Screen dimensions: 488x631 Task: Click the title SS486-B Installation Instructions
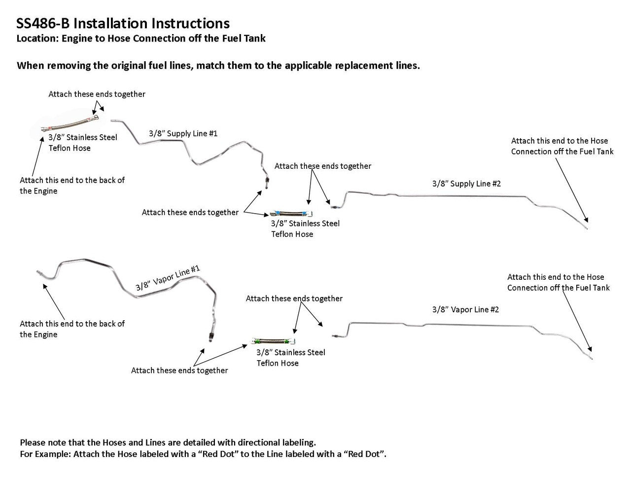pyautogui.click(x=123, y=23)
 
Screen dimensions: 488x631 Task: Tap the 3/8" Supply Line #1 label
pyautogui.click(x=183, y=133)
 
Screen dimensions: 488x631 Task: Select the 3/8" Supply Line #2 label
pyautogui.click(x=466, y=184)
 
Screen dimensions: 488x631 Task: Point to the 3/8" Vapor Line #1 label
pyautogui.click(x=168, y=278)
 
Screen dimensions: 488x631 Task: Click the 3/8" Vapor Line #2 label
pyautogui.click(x=465, y=309)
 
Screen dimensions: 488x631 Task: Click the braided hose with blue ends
pyautogui.click(x=290, y=214)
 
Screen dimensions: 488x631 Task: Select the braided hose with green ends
pyautogui.click(x=274, y=341)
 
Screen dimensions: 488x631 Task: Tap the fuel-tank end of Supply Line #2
pyautogui.click(x=587, y=228)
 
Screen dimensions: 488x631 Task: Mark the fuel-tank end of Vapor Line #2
pyautogui.click(x=591, y=357)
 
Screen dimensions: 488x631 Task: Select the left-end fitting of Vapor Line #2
pyautogui.click(x=335, y=335)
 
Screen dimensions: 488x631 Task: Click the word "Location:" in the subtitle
pyautogui.click(x=37, y=38)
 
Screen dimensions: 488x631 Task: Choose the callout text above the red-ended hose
pyautogui.click(x=97, y=94)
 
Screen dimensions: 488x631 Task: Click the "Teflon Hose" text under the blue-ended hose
pyautogui.click(x=292, y=234)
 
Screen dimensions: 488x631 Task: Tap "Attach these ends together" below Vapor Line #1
pyautogui.click(x=179, y=370)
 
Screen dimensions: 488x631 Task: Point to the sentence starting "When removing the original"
pyautogui.click(x=218, y=66)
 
